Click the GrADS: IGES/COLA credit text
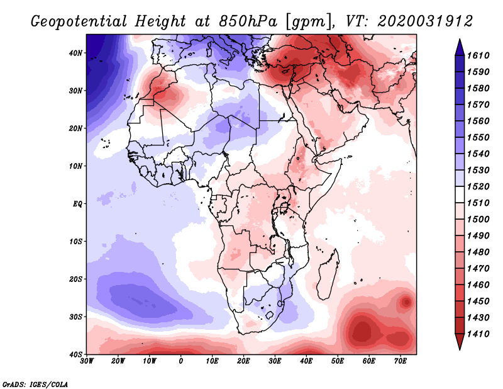pos(35,383)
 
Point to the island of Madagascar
pos(327,280)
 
